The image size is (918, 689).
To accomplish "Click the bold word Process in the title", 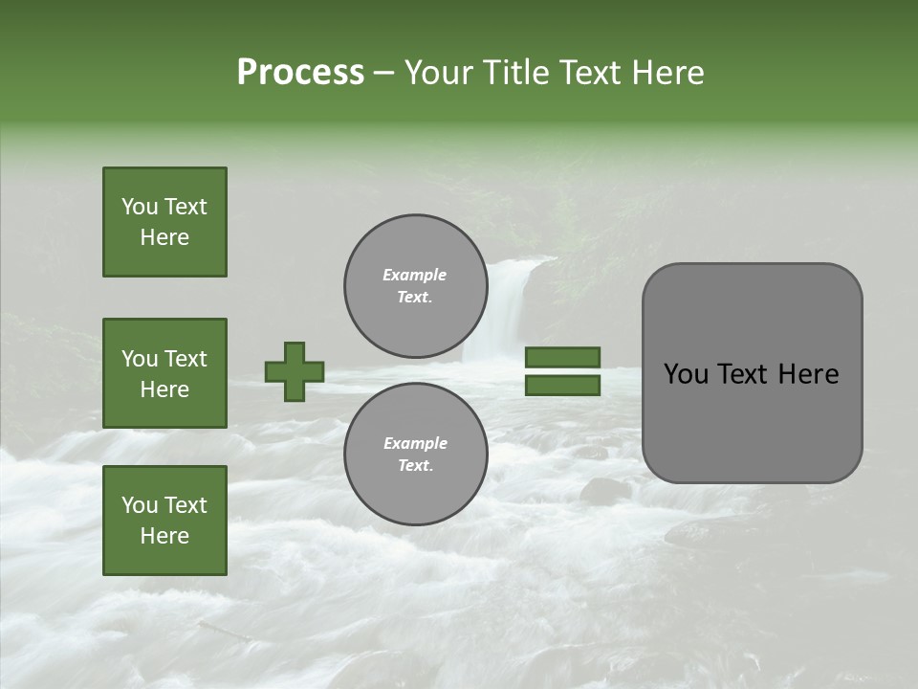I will point(300,73).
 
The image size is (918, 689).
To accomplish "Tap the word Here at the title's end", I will point(666,73).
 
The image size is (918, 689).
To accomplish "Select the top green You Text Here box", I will point(164,222).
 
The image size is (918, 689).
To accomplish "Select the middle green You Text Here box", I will point(164,373).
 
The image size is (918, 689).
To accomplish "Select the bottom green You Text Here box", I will point(164,521).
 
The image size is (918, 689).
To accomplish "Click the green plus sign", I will point(295,371).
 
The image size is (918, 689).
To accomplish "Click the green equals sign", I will point(562,371).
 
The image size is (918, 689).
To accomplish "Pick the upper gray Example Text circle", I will point(415,285).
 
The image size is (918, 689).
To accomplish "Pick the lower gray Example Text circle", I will point(415,454).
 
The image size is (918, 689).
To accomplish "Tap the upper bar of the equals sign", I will point(562,357).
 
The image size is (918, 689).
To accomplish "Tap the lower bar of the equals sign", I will point(562,386).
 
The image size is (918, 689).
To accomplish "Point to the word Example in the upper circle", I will point(415,275).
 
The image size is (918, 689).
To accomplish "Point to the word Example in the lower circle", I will point(415,443).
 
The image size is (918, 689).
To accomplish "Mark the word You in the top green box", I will point(139,207).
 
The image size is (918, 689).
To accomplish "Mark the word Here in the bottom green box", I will point(164,536).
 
